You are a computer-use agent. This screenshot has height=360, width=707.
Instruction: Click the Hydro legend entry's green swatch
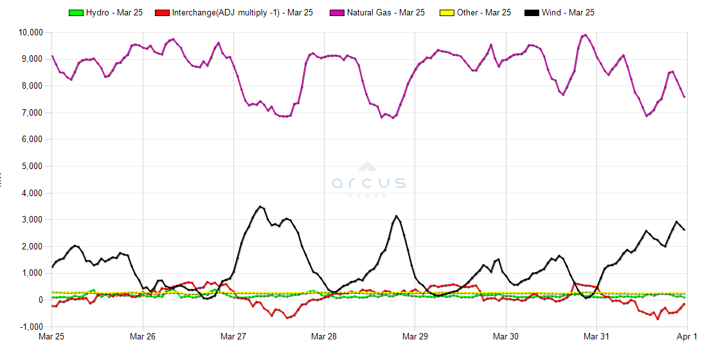(76, 12)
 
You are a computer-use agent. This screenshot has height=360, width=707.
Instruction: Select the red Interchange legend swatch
(163, 12)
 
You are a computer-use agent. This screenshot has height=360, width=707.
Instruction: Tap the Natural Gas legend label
(386, 12)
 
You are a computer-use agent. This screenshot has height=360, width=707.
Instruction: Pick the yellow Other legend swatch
(447, 12)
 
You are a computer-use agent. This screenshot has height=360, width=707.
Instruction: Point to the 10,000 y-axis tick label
(30, 32)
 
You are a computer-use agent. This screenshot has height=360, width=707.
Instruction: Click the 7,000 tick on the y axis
(32, 113)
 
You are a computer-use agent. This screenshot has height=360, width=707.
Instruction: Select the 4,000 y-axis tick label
(32, 193)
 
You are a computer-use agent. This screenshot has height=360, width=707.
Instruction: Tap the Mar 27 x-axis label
(233, 336)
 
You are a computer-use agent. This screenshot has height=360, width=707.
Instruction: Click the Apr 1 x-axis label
(687, 336)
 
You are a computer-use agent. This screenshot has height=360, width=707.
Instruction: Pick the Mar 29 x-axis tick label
(415, 336)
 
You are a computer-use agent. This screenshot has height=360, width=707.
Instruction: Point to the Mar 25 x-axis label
(52, 336)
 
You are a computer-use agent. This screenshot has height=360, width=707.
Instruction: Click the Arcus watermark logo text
(369, 183)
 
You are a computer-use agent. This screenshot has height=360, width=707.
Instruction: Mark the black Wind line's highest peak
(260, 206)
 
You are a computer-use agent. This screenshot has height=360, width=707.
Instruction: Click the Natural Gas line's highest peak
(585, 35)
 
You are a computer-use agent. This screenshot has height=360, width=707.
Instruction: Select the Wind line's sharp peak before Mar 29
(397, 216)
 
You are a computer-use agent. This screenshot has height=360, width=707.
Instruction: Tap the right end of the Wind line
(685, 230)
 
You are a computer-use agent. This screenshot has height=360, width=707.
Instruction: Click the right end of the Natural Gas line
(685, 96)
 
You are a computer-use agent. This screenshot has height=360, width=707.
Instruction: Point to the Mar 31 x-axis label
(596, 336)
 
